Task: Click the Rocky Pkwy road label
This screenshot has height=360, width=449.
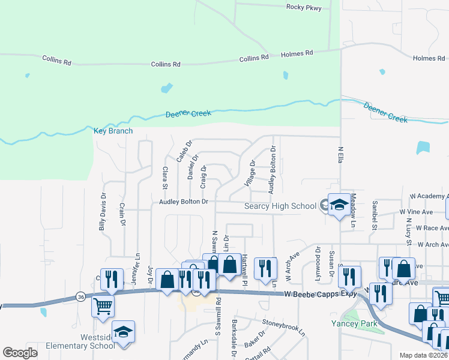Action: click(304, 8)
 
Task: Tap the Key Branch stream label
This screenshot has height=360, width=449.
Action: click(113, 131)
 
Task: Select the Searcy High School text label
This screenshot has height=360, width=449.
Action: click(280, 206)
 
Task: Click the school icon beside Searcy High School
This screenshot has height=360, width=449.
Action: click(339, 206)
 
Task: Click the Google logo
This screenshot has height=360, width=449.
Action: click(20, 353)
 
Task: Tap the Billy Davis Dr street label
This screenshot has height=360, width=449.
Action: click(103, 212)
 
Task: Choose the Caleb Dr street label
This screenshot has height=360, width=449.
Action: click(184, 151)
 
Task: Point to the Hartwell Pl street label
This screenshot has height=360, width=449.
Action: click(246, 269)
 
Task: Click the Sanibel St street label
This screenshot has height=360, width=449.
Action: click(374, 215)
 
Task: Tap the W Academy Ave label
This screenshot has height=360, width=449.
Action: click(429, 196)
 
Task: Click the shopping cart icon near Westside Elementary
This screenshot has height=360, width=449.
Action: click(103, 306)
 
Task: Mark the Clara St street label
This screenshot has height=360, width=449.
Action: click(164, 178)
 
